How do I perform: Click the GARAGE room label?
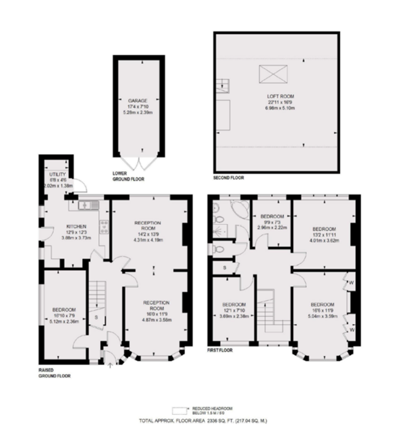coord(137,101)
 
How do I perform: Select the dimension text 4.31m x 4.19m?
coord(148,240)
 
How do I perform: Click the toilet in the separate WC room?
coord(219,248)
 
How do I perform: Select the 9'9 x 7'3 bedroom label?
coord(271,216)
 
